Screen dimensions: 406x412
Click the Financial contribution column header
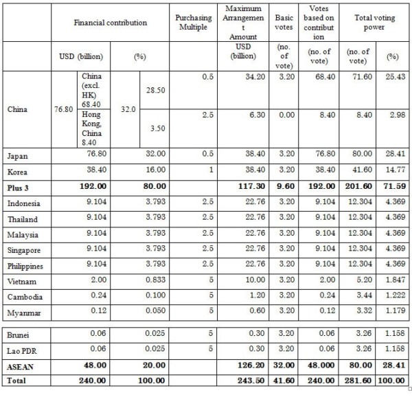pyautogui.click(x=111, y=23)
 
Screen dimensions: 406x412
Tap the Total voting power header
pyautogui.click(x=371, y=23)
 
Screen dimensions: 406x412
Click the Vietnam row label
pyautogui.click(x=23, y=281)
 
